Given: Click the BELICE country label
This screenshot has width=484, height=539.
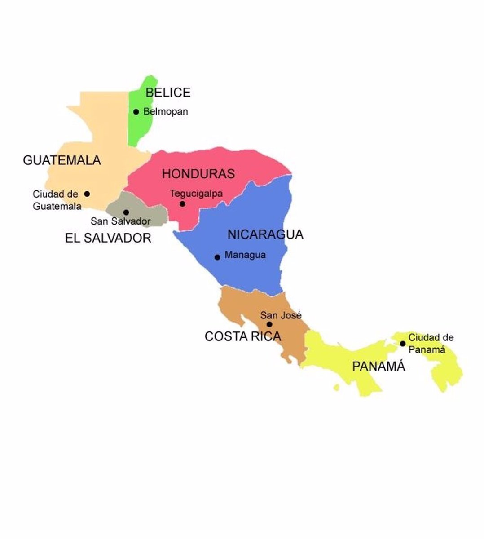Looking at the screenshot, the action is tap(168, 93).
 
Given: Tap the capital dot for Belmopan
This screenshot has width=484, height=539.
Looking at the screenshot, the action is tap(136, 112).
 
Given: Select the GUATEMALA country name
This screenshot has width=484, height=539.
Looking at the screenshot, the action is tap(62, 160).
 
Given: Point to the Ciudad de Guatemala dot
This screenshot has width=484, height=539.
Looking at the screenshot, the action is tap(87, 194).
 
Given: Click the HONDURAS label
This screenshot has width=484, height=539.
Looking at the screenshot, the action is tap(198, 174).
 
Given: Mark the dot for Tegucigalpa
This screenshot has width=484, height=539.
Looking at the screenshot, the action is tap(182, 204).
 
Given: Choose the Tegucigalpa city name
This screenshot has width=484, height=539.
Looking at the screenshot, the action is tap(196, 194).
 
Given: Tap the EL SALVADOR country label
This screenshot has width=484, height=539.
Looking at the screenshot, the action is tap(108, 238).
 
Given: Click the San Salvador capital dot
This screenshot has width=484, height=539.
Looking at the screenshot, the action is tap(126, 212).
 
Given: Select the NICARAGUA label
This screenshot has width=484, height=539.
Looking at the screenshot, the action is tap(265, 234).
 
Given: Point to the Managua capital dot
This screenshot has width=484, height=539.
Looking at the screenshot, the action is tap(217, 257).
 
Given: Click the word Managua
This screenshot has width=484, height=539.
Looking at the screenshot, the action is tap(245, 255).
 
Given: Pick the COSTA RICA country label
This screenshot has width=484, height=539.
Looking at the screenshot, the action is tap(242, 336).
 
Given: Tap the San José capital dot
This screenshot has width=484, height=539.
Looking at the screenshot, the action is tap(269, 324).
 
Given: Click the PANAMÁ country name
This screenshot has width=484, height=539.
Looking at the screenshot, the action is tap(378, 367).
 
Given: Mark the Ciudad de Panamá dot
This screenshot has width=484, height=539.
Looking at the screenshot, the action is tap(403, 344).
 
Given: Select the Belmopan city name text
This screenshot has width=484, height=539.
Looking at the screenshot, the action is tap(165, 112).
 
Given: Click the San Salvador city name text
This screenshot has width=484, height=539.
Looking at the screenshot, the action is tap(120, 221).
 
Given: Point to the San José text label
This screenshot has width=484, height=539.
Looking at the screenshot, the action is tap(281, 315).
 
